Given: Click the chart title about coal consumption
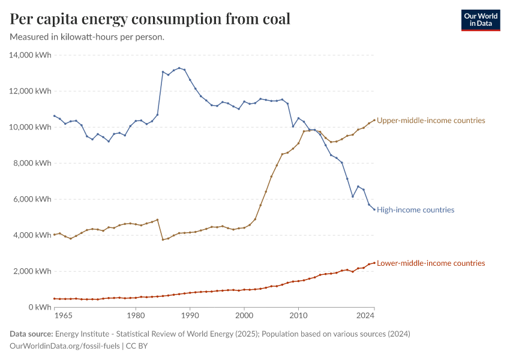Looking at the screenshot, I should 150,19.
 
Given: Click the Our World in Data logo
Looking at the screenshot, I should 480,19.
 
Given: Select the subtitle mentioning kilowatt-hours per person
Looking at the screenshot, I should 88,37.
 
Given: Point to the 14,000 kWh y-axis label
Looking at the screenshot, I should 31,55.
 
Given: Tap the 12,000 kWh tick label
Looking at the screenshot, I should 31,91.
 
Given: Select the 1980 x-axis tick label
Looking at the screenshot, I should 136,315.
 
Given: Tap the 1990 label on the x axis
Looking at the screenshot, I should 190,315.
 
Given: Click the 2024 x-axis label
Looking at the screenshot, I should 365,315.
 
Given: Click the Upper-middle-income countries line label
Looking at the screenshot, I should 431,121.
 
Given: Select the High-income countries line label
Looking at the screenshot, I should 415,210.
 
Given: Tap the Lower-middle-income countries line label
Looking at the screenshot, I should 431,263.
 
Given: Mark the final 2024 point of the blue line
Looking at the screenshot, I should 374,209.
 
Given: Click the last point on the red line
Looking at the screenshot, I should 374,263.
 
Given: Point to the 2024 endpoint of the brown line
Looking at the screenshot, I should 374,120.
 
